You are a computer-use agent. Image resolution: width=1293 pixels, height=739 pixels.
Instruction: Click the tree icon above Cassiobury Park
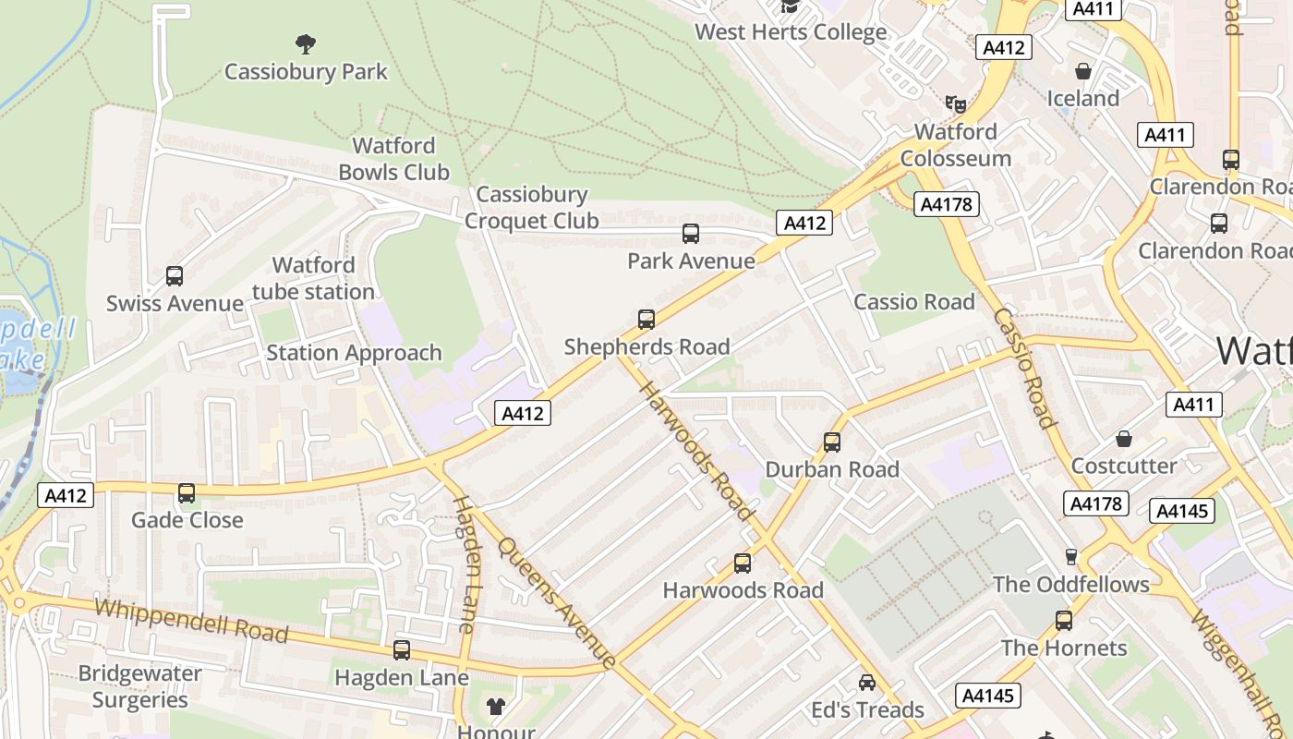coord(305,43)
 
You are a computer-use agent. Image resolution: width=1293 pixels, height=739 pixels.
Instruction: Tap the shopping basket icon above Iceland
coord(1083,71)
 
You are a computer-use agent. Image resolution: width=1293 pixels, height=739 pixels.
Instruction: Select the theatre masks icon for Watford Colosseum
coord(955,103)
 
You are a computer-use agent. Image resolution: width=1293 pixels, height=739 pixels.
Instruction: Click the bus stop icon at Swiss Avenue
coord(175,275)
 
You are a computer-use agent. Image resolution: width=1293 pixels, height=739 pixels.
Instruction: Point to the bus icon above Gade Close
coord(187,493)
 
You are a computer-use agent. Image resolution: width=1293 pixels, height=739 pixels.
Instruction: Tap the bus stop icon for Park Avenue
coord(691,234)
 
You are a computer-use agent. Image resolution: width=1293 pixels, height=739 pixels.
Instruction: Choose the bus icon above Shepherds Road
coord(646,320)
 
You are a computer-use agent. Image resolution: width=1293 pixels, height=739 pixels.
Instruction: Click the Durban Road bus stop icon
coord(832,442)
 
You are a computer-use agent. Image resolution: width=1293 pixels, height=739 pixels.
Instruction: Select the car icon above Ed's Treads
coord(866,683)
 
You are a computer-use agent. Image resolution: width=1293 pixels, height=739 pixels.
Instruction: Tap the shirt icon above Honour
coord(496,707)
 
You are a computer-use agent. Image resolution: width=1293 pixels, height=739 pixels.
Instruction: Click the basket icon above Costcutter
coord(1124,438)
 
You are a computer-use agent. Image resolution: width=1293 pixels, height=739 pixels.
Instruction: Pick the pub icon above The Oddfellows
coord(1071,556)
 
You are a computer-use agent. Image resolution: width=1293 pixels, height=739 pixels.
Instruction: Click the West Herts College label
coord(791,32)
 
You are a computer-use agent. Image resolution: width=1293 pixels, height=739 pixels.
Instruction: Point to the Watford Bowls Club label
coord(393,159)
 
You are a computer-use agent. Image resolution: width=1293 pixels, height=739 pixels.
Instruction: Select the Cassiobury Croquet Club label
coord(531,207)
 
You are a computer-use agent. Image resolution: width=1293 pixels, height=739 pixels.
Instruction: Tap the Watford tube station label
coord(313,279)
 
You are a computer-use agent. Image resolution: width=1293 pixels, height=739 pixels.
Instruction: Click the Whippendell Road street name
coord(191,621)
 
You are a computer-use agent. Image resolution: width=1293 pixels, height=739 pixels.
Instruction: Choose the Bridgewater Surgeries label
coord(139,686)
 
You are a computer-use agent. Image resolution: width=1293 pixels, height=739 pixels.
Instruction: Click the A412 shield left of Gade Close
coord(66,496)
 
